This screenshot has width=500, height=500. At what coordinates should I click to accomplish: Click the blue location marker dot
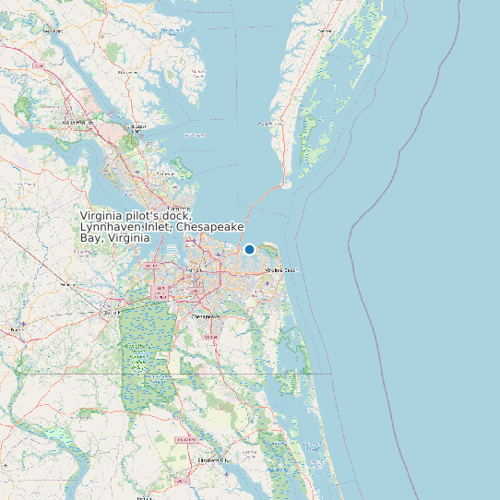click(x=249, y=249)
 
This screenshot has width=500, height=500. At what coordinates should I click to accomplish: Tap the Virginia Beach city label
click(x=281, y=270)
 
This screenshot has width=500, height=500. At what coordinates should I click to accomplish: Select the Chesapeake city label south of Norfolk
click(x=207, y=315)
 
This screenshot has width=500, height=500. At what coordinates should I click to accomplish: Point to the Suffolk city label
click(x=112, y=313)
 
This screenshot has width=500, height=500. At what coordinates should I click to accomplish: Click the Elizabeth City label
click(x=212, y=458)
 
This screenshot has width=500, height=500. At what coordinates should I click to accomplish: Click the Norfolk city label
click(x=196, y=270)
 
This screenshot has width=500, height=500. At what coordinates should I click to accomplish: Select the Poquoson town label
click(x=167, y=173)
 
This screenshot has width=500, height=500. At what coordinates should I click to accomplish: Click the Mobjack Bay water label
click(x=195, y=136)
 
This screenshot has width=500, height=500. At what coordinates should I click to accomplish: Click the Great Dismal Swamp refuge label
click(x=140, y=355)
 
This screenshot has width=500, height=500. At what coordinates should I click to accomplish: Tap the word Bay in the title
click(x=90, y=237)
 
